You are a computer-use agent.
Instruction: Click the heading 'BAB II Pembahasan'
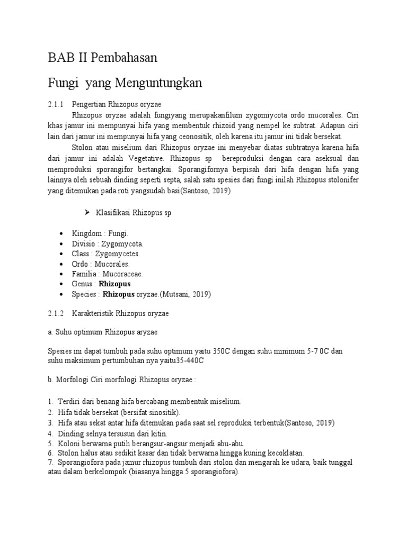(x=102, y=58)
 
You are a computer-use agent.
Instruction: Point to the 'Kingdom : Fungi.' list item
(x=100, y=233)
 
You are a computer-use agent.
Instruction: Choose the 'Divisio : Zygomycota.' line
(x=108, y=243)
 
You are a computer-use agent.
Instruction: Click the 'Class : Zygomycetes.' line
(x=106, y=254)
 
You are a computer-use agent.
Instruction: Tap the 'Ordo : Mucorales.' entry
(x=101, y=264)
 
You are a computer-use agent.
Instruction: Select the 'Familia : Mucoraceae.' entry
(x=108, y=274)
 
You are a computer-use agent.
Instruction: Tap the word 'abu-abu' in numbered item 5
(x=231, y=443)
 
